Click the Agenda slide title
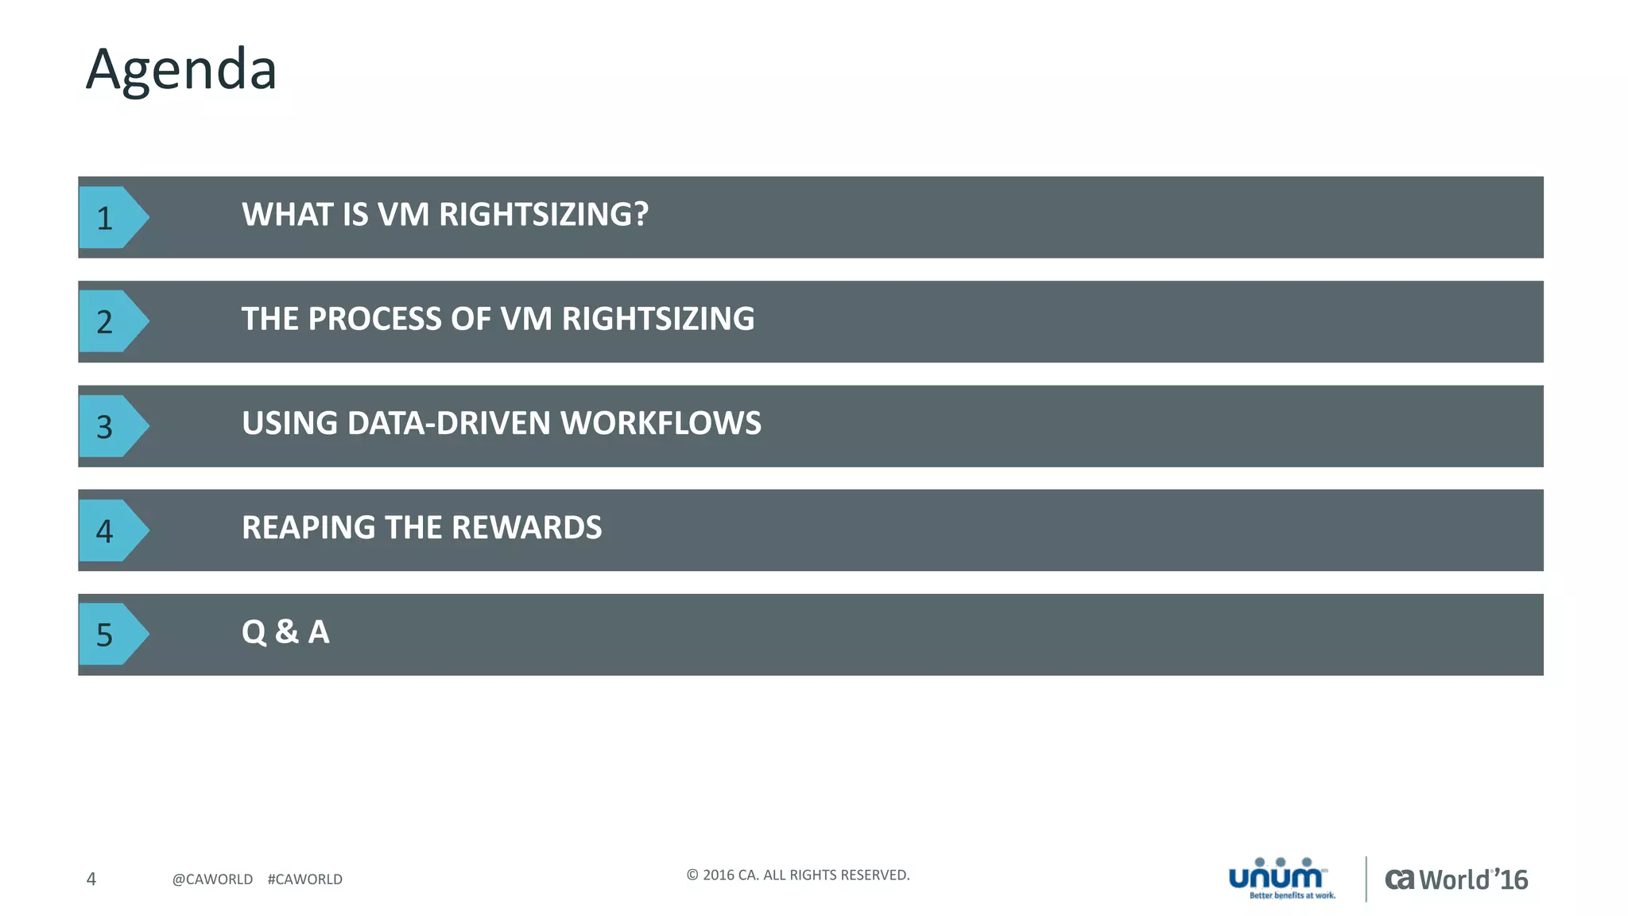tap(181, 70)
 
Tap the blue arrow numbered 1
tap(111, 217)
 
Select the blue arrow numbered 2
tap(111, 321)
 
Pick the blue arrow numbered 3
tap(111, 426)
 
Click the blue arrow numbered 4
tap(111, 530)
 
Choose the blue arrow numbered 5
tap(111, 635)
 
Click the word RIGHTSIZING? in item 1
tap(544, 215)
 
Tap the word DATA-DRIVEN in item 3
tap(448, 423)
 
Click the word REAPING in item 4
tap(308, 527)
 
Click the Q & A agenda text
tap(285, 632)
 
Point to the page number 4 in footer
tap(91, 879)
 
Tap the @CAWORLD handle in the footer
tap(212, 879)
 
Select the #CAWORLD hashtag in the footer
tap(305, 879)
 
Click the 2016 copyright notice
tap(797, 875)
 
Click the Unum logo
tap(1280, 878)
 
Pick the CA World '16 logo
tap(1456, 879)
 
